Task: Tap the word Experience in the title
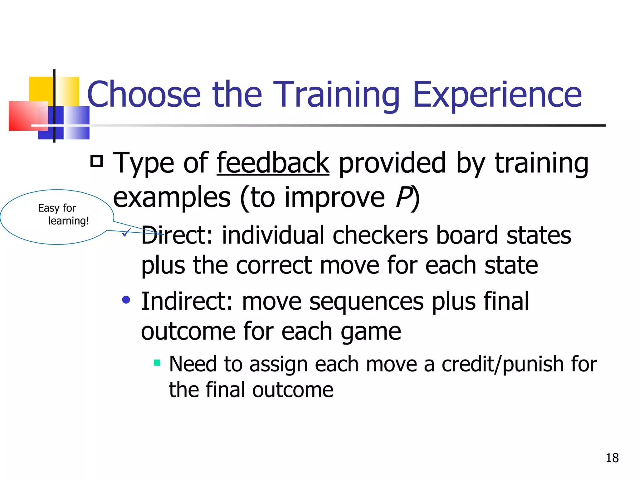[x=497, y=94]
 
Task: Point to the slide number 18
[x=612, y=458]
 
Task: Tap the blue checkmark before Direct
[x=126, y=232]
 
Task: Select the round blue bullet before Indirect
[x=126, y=300]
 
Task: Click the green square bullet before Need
[x=157, y=363]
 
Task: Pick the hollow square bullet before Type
[x=97, y=161]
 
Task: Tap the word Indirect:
[x=187, y=302]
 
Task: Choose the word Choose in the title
[x=144, y=94]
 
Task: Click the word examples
[x=172, y=198]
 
